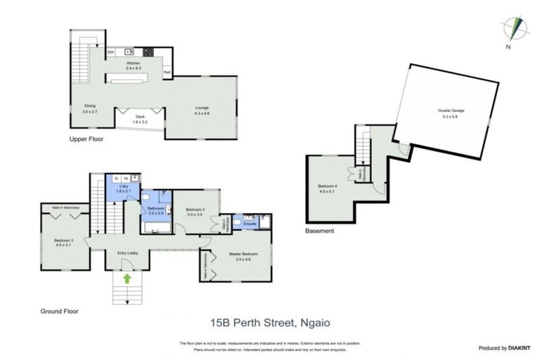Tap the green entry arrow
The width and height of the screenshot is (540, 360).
(x=127, y=278)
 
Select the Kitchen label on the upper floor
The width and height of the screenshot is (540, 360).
(x=134, y=64)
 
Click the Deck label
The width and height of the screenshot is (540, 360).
(x=141, y=117)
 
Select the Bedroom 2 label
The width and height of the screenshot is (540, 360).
(x=194, y=210)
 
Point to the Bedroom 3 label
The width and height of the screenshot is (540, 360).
(x=64, y=240)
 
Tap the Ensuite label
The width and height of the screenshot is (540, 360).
(x=250, y=224)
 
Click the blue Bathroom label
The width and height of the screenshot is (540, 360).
(x=155, y=209)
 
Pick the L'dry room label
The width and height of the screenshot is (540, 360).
(x=123, y=188)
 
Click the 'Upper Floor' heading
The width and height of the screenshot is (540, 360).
(x=86, y=139)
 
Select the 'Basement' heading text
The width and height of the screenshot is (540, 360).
(x=319, y=231)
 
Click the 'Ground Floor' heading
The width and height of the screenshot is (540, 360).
(x=60, y=310)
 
